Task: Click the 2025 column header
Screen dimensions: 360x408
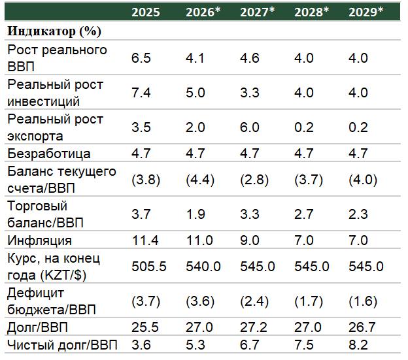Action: [145, 12]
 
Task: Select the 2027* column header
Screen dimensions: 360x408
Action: [257, 12]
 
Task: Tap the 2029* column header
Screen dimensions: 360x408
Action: [365, 12]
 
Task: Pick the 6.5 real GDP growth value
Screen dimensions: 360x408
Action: [141, 58]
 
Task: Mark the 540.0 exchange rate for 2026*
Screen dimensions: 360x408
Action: [202, 267]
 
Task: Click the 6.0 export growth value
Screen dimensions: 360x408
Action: [250, 127]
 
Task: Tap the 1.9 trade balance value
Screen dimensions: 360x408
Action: [195, 214]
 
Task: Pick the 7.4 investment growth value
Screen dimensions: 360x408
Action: [141, 93]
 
